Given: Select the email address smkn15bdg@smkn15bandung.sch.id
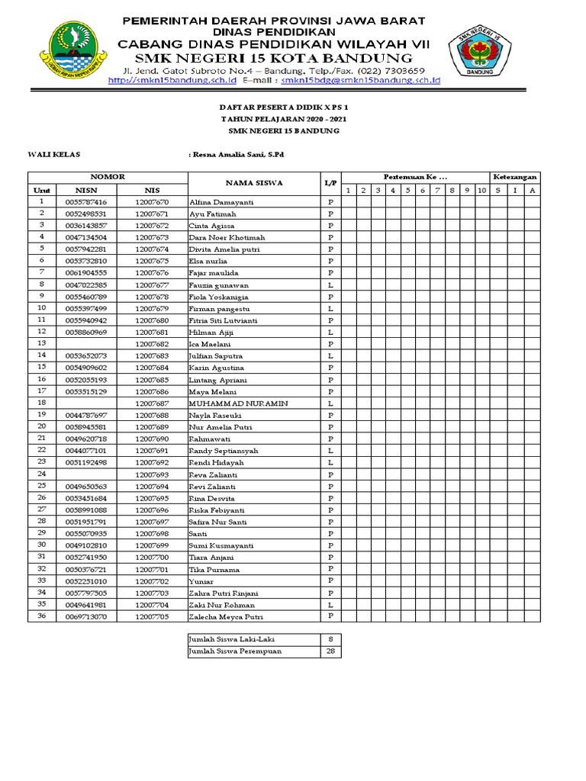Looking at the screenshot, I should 361,79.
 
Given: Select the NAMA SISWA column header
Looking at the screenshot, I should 254,183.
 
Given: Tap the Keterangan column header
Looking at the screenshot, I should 514,177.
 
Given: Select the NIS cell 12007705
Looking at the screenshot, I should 152,616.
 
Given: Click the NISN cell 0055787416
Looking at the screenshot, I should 86,202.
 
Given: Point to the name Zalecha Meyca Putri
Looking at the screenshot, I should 226,616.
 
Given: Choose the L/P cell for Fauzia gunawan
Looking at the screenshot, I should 330,284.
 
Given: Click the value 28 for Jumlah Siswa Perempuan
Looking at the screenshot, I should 330,651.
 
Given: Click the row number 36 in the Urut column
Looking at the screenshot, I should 42,615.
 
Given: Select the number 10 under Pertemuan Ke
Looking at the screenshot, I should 481,190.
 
